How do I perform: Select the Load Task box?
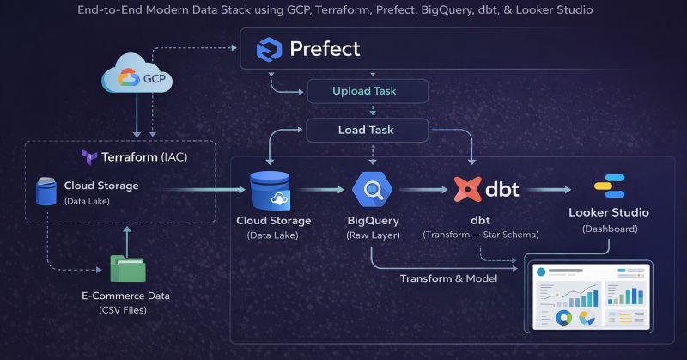pyautogui.click(x=368, y=131)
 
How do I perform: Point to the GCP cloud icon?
pyautogui.click(x=137, y=78)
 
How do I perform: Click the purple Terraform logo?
pyautogui.click(x=88, y=157)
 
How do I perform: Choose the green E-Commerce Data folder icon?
pyautogui.click(x=127, y=269)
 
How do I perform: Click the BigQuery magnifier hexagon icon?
pyautogui.click(x=372, y=191)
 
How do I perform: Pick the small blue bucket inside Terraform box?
pyautogui.click(x=46, y=192)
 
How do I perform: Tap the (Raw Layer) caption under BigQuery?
pyautogui.click(x=371, y=234)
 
